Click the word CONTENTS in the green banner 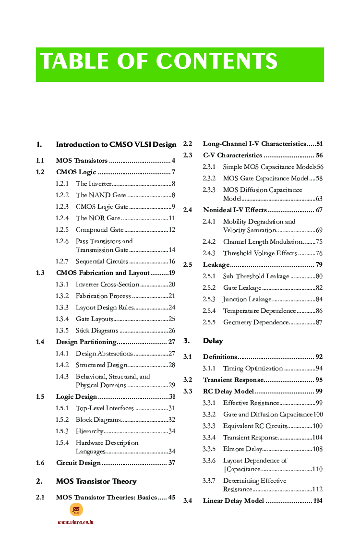tap(216, 62)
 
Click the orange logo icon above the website tap(76, 510)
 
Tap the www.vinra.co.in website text tap(75, 522)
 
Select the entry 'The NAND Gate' tap(101, 195)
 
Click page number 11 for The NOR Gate tap(172, 218)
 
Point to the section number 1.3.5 tap(62, 331)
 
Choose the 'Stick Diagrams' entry tap(97, 331)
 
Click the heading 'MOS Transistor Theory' tap(96, 481)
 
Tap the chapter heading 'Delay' tap(213, 341)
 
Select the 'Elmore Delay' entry tap(242, 449)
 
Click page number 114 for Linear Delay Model tap(317, 501)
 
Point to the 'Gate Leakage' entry tap(242, 288)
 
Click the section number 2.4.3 tap(209, 253)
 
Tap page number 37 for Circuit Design tap(172, 463)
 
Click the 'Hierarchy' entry tap(89, 431)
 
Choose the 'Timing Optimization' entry tap(252, 369)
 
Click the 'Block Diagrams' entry tap(98, 420)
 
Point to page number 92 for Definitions tap(319, 357)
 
